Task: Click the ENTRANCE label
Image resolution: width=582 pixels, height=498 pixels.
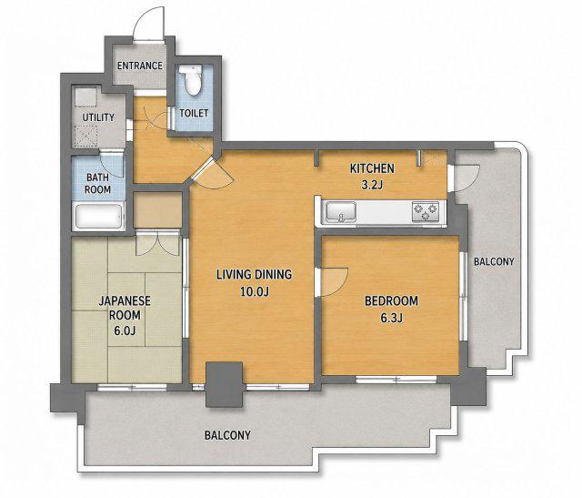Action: click(140, 66)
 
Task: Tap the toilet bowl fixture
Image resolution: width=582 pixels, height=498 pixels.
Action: click(193, 79)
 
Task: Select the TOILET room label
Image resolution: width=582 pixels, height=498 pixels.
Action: click(194, 113)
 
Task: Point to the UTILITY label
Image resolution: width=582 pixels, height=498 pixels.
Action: click(98, 117)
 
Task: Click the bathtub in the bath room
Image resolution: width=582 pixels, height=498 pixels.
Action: click(99, 217)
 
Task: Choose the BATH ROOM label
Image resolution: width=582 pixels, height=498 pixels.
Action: click(97, 183)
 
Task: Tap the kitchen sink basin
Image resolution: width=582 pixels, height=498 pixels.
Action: click(341, 212)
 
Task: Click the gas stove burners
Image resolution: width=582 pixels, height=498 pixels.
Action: click(426, 212)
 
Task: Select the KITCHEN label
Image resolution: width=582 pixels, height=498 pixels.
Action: click(372, 168)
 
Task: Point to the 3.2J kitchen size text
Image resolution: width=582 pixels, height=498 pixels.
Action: click(372, 185)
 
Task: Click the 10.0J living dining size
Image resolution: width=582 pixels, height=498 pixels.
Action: click(255, 291)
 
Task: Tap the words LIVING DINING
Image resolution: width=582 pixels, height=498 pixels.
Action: click(255, 275)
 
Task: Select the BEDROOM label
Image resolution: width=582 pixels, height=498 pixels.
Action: click(391, 300)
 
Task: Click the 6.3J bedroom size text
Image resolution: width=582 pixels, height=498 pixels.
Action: click(392, 318)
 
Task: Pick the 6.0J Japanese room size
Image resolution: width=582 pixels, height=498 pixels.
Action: click(125, 330)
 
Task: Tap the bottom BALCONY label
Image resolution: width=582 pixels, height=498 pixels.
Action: click(227, 435)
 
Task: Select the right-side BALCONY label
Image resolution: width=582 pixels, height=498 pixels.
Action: click(494, 261)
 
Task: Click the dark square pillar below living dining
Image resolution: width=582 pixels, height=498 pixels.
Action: click(225, 384)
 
